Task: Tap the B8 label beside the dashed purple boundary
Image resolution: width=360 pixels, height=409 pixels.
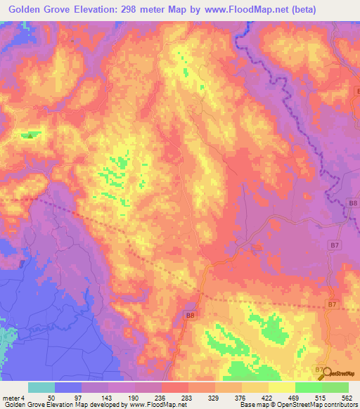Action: point(353,203)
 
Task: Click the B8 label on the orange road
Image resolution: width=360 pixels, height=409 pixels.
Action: point(190,316)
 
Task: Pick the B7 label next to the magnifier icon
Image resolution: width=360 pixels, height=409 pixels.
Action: point(319,370)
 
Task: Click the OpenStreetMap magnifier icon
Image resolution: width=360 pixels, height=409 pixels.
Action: point(326,374)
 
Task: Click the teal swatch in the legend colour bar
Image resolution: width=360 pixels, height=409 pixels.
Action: point(41,387)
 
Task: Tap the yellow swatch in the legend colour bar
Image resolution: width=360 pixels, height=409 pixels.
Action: point(282,387)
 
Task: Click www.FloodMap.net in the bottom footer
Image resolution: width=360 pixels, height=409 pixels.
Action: point(151,405)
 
